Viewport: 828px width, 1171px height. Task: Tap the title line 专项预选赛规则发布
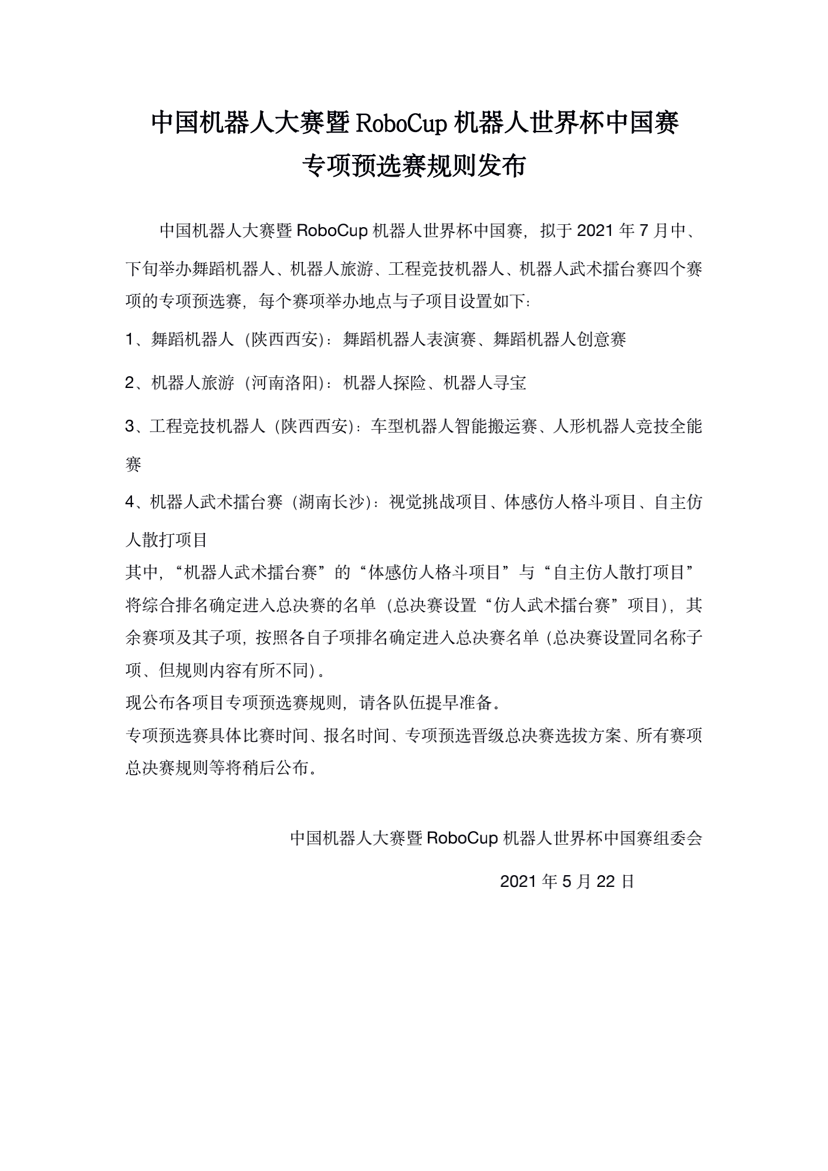[x=414, y=166]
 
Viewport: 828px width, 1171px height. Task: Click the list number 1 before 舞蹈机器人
[x=130, y=339]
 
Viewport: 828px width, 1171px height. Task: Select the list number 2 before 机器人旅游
[x=130, y=383]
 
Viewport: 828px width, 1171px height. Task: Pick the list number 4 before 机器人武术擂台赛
[x=130, y=502]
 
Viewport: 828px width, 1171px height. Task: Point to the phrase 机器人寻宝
[x=485, y=383]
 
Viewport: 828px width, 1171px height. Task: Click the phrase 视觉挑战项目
[x=439, y=502]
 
